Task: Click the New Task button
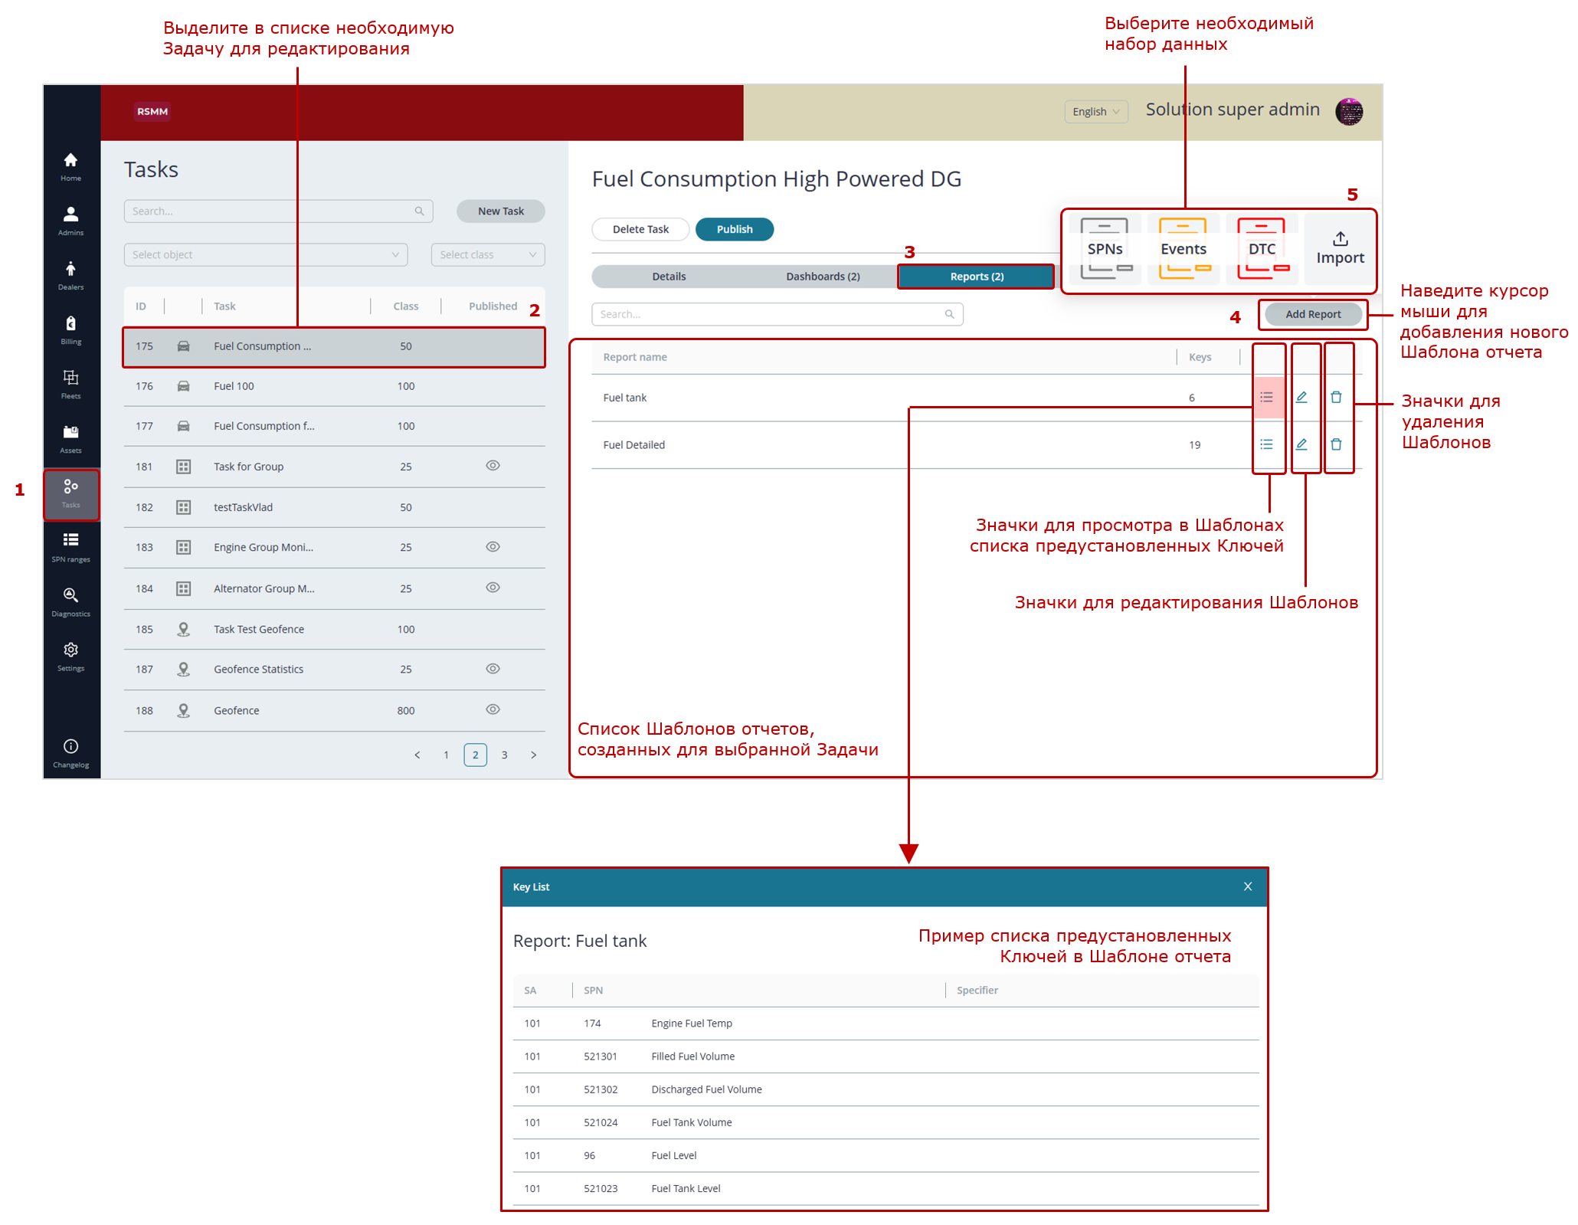coord(500,211)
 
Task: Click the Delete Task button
coord(640,229)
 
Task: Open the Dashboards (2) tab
coord(823,277)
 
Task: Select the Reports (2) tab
coord(977,277)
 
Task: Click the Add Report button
coord(1313,314)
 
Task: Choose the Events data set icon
coord(1183,248)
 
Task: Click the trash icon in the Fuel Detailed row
coord(1336,444)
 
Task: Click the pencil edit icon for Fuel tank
coord(1301,397)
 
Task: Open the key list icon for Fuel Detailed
coord(1266,444)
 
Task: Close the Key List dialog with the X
coord(1248,886)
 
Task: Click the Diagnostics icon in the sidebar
coord(70,595)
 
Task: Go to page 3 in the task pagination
coord(504,755)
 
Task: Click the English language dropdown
coord(1095,112)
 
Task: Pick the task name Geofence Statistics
coord(258,669)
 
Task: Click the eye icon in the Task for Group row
coord(493,466)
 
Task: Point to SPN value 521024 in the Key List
coord(601,1122)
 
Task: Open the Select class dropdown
coord(487,254)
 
